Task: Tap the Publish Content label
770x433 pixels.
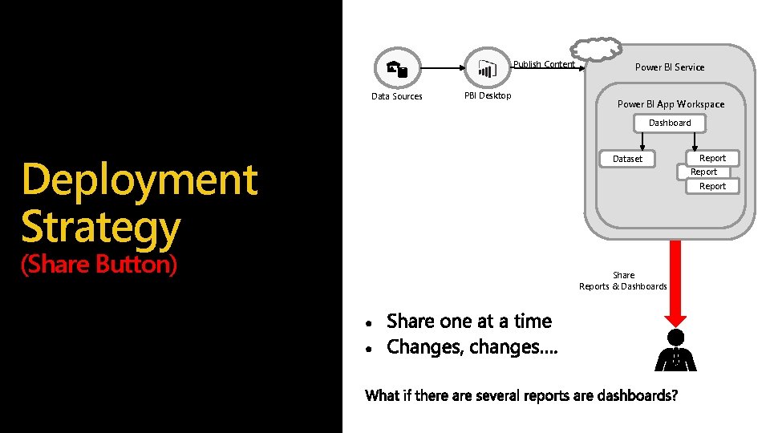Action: coord(544,64)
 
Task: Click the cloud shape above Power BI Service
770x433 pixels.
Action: coord(598,48)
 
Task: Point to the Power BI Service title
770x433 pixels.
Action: coord(670,67)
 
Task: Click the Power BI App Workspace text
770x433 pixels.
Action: coord(671,104)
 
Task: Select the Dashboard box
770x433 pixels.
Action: coord(670,123)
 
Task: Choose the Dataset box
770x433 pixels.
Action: coord(627,159)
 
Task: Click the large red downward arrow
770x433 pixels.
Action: coord(675,281)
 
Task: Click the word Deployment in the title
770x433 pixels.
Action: coord(140,180)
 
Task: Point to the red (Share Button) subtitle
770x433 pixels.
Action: coord(99,264)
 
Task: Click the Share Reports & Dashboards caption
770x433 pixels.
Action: coord(623,281)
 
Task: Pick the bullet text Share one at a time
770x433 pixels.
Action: coord(469,322)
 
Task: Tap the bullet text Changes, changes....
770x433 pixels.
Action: coord(472,347)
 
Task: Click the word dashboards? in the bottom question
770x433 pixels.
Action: coord(637,395)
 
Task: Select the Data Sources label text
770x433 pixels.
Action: coord(396,97)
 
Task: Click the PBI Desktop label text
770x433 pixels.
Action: coord(488,96)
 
